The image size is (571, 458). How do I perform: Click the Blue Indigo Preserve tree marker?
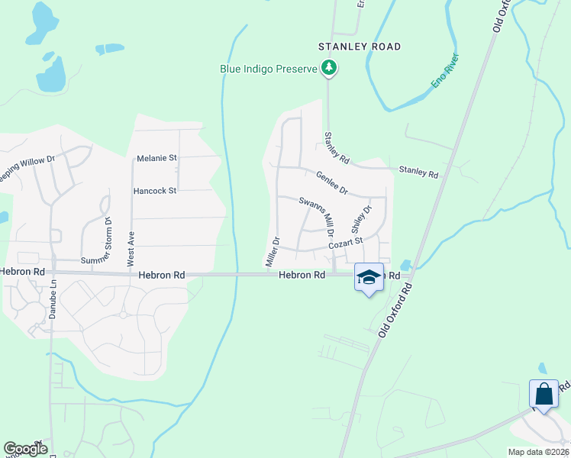pyautogui.click(x=329, y=69)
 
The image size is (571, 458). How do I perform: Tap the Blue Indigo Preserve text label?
pyautogui.click(x=268, y=69)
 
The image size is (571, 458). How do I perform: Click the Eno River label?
pyautogui.click(x=445, y=70)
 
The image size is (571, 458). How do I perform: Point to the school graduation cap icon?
pyautogui.click(x=369, y=277)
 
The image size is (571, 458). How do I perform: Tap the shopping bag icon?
pyautogui.click(x=544, y=395)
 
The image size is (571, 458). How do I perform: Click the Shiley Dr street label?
pyautogui.click(x=360, y=219)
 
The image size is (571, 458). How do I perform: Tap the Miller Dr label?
pyautogui.click(x=272, y=251)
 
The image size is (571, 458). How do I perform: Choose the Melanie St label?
pyautogui.click(x=156, y=158)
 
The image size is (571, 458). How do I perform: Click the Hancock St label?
pyautogui.click(x=155, y=190)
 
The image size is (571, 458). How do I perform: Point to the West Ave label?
pyautogui.click(x=131, y=248)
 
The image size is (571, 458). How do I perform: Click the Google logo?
pyautogui.click(x=25, y=449)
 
